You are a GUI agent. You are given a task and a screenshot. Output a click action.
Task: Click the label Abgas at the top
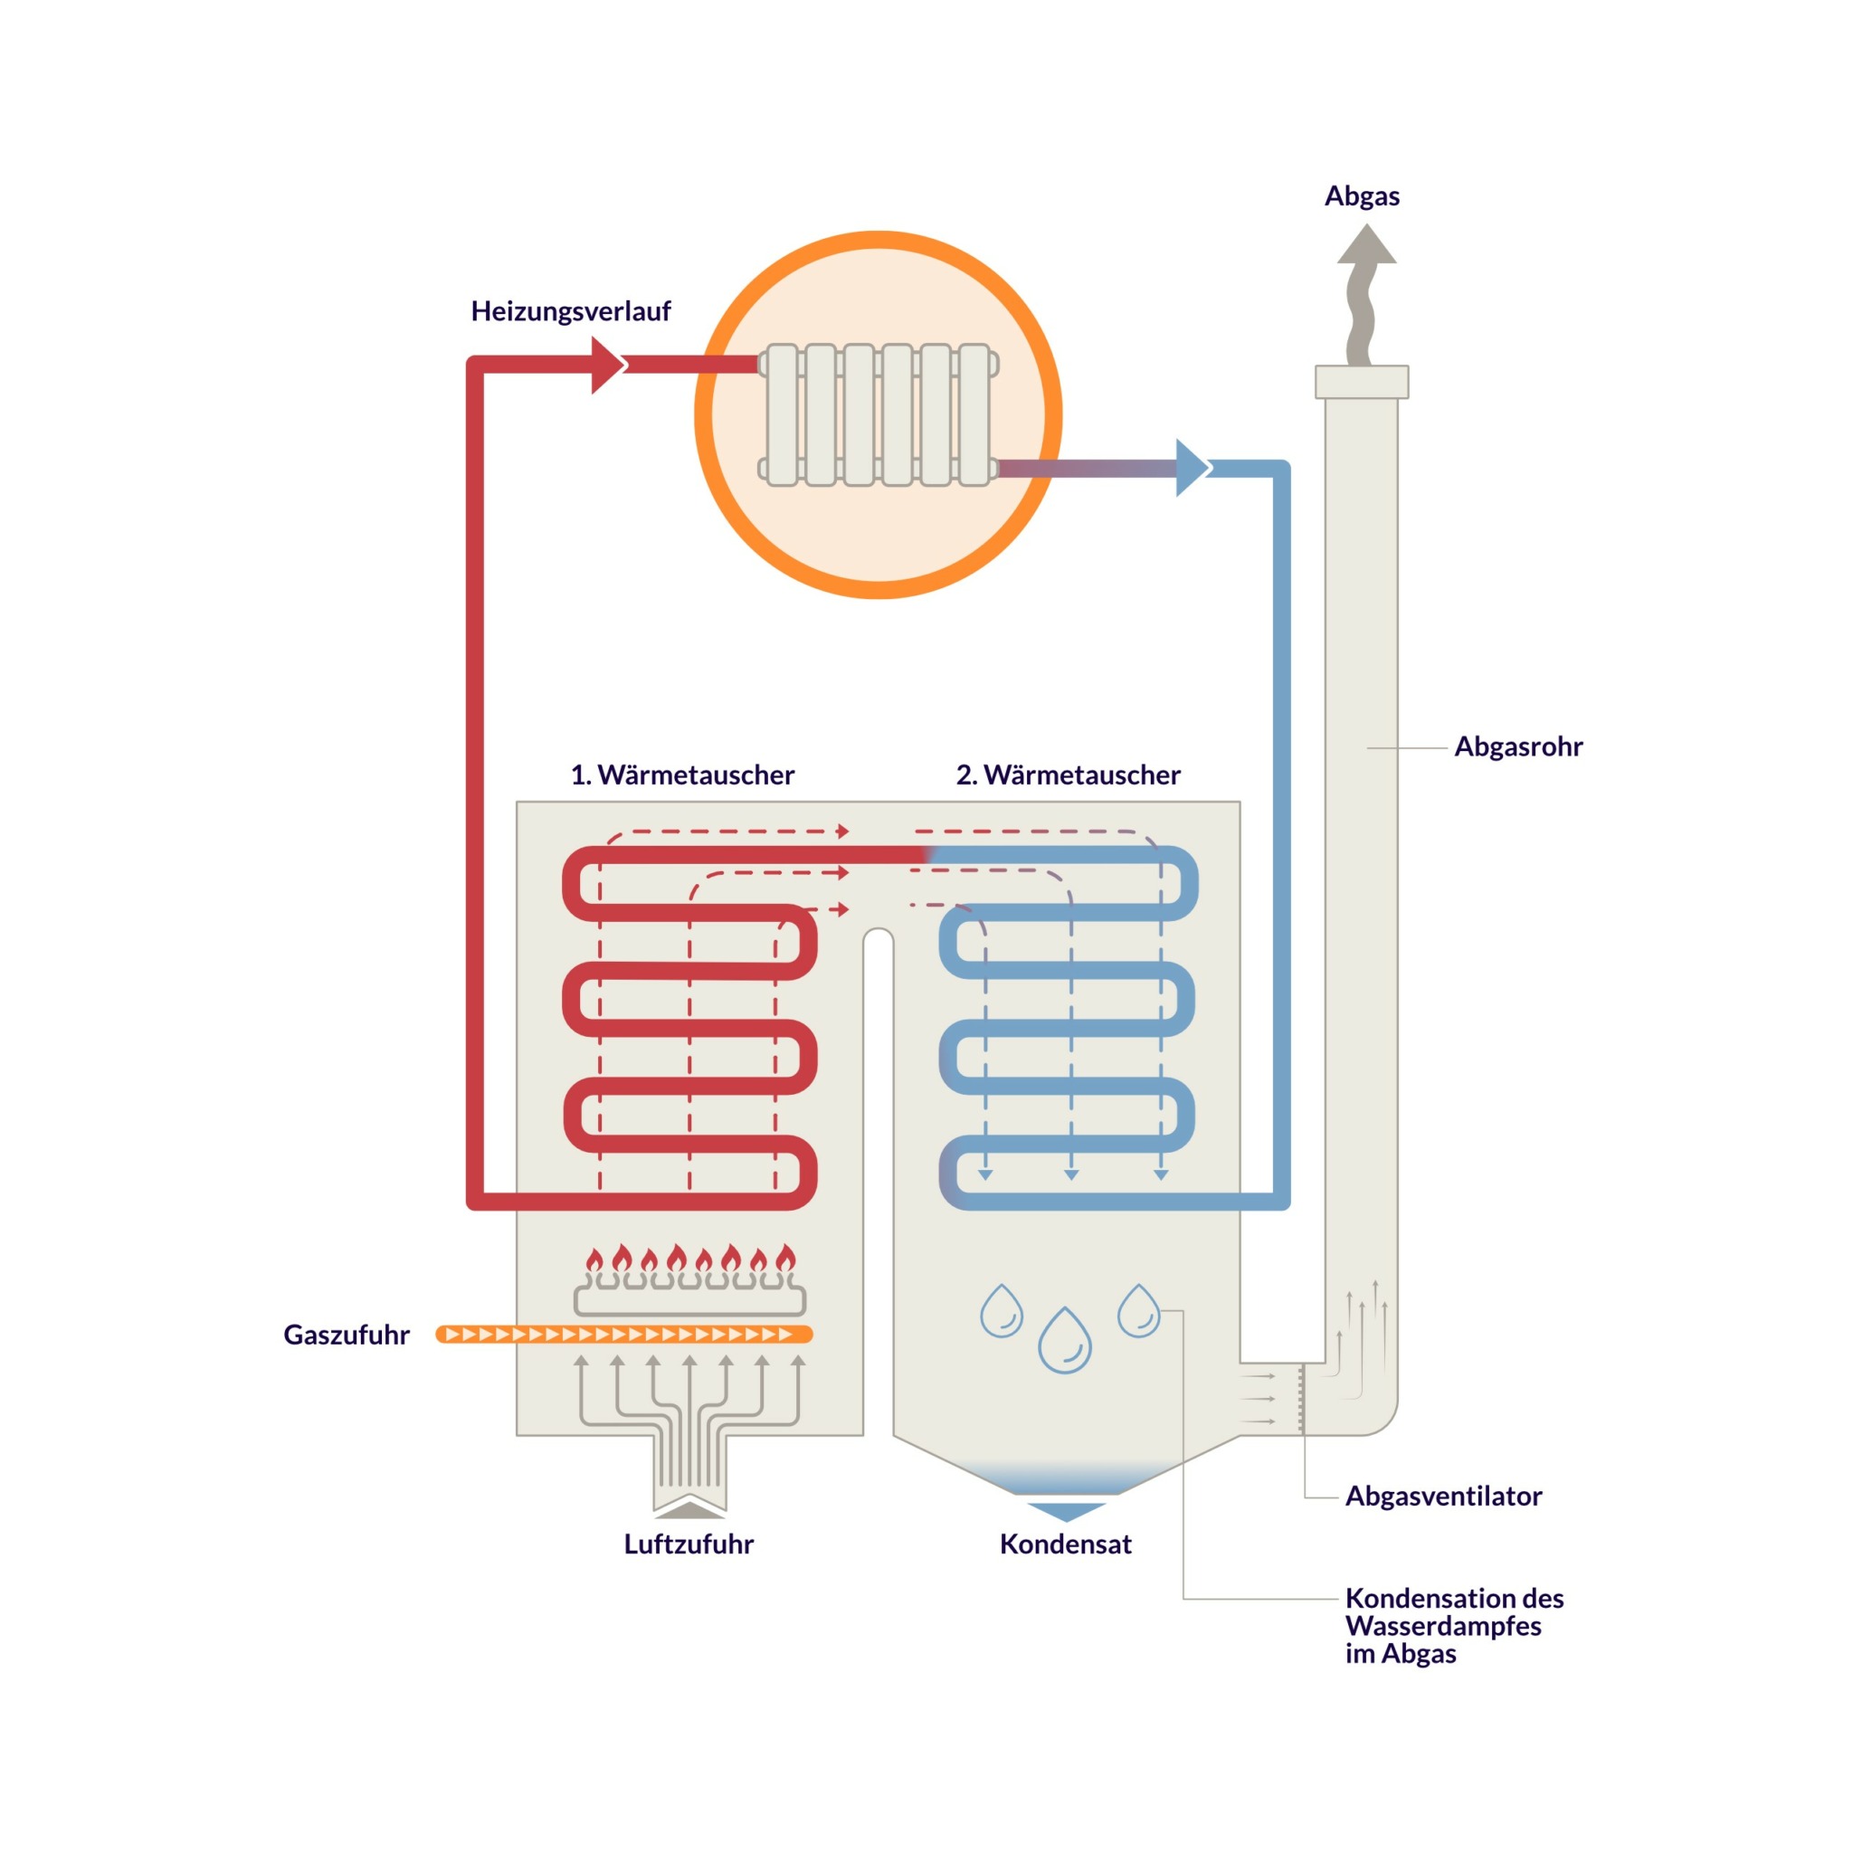click(x=1362, y=196)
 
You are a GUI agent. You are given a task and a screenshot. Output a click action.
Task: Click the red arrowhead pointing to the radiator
click(x=607, y=366)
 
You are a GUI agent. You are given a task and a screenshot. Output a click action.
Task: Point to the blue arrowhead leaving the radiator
click(x=1192, y=468)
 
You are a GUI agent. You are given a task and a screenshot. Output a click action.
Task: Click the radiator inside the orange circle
click(x=879, y=415)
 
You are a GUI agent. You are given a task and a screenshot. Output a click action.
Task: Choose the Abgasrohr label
click(x=1518, y=747)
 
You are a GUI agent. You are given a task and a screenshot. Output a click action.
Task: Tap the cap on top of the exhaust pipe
click(x=1362, y=382)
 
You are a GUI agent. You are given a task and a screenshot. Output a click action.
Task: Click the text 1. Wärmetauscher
click(x=682, y=775)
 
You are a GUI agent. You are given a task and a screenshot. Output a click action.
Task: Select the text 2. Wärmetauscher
click(x=1069, y=775)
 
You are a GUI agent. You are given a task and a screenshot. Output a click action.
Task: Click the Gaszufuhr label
click(x=347, y=1335)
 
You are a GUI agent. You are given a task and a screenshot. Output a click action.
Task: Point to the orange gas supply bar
click(x=624, y=1335)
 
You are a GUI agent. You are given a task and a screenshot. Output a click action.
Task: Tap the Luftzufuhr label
click(x=689, y=1544)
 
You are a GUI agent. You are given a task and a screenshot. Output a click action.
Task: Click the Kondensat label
click(x=1066, y=1544)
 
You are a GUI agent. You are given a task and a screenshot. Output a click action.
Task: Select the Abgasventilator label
click(x=1443, y=1497)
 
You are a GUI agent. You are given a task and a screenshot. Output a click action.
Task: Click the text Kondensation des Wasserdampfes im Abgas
click(x=1453, y=1626)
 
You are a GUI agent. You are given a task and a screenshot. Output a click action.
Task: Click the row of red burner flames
click(x=689, y=1259)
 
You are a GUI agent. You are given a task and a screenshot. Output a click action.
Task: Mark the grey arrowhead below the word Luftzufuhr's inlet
click(x=689, y=1511)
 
